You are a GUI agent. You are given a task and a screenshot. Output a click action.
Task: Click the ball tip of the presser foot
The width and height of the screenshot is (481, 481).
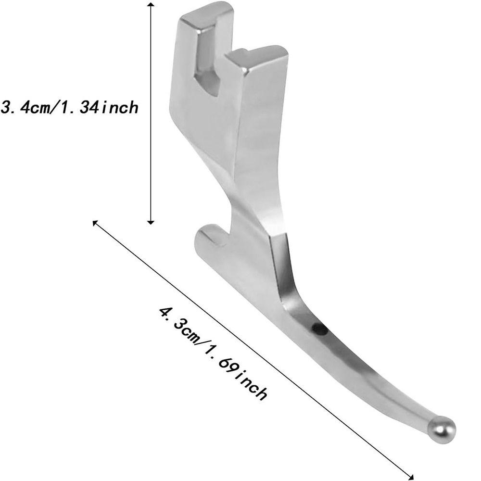tap(442, 429)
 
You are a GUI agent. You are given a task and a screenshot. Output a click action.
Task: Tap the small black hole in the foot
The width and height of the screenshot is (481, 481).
tap(318, 329)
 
